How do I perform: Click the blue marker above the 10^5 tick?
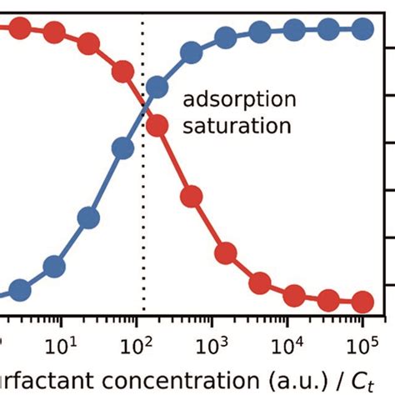point(362,29)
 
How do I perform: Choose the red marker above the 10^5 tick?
point(362,301)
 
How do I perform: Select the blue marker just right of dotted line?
point(157,87)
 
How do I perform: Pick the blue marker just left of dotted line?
point(122,149)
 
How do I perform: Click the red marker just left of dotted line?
point(122,71)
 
